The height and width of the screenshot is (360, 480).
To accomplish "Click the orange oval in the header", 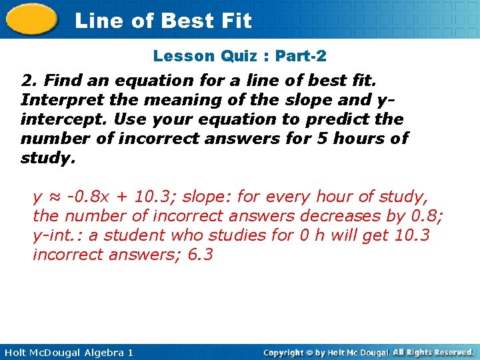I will coord(32,20).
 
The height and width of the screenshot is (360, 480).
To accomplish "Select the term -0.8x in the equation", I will coord(85,197).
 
